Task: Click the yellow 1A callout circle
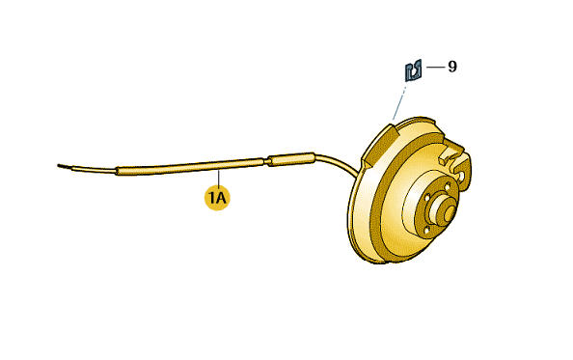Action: coord(217,198)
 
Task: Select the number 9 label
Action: coord(452,67)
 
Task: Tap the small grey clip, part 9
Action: coord(413,70)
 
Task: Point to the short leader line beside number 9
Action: coord(435,67)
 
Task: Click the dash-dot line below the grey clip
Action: coord(398,103)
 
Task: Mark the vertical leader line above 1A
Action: coord(218,178)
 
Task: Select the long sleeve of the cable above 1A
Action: coord(189,166)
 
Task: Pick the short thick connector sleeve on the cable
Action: coord(291,159)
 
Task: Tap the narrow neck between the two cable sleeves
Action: coord(265,161)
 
